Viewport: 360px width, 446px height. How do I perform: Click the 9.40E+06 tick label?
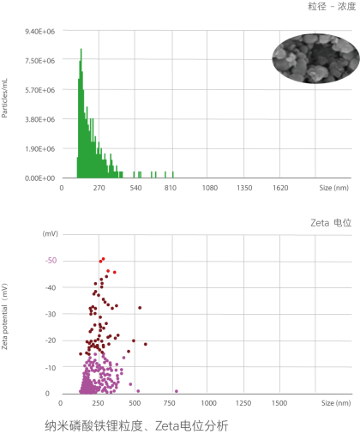pos(39,32)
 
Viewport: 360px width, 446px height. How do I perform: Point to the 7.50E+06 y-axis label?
pos(39,61)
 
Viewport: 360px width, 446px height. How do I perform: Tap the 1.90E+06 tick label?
pos(39,148)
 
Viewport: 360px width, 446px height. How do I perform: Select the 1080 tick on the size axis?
pos(210,188)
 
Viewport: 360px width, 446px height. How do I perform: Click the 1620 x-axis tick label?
pos(280,188)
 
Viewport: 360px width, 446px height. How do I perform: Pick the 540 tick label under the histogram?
pos(135,188)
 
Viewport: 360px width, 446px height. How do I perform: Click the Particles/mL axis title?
pos(4,98)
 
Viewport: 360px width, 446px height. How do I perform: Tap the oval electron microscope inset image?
pos(315,58)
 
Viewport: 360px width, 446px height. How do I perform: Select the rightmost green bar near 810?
pos(173,175)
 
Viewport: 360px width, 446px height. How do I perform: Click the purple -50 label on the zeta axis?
pos(51,261)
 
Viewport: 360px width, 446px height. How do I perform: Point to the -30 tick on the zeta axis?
pos(51,314)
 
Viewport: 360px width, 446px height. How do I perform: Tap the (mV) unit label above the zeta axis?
pos(51,234)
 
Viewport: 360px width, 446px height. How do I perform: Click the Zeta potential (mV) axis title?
pos(4,316)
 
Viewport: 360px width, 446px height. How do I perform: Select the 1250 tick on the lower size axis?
pos(243,403)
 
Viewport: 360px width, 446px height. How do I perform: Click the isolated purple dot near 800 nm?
pos(177,391)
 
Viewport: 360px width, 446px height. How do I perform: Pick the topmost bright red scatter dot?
pos(103,259)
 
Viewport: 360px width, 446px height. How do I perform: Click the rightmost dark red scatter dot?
pos(146,344)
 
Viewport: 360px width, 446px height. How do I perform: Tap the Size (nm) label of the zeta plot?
pos(336,403)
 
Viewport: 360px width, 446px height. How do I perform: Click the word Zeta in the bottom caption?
pos(167,426)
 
